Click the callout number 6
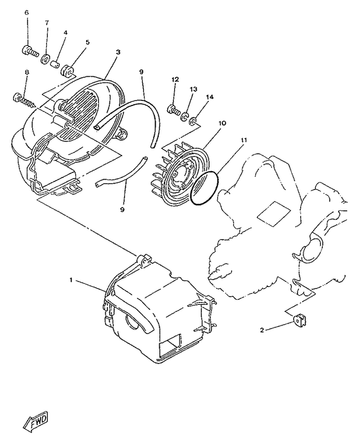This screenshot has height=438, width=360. click(x=27, y=13)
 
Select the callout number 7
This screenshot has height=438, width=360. click(x=46, y=23)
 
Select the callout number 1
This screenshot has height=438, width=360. click(x=73, y=280)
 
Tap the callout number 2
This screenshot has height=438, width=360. click(x=262, y=330)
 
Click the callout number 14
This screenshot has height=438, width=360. click(x=209, y=97)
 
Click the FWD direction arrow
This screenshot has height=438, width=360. click(x=39, y=421)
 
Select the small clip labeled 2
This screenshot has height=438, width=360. click(x=298, y=319)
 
